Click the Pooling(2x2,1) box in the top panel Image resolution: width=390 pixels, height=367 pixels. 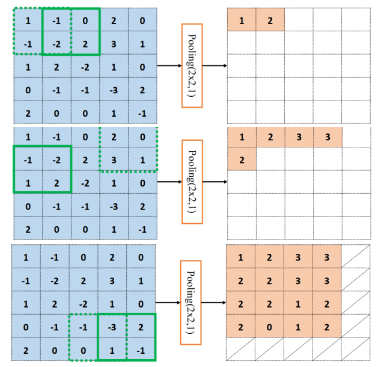tap(192, 66)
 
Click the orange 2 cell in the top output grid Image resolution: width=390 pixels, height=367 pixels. tap(270, 21)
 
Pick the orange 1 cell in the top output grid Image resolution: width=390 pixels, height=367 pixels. tap(242, 21)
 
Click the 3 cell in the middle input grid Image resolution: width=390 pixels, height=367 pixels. tap(113, 160)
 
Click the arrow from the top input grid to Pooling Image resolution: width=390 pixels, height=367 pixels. tap(169, 66)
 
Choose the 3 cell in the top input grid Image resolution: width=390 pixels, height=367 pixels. tap(113, 44)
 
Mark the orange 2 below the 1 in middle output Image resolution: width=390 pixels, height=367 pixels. tap(242, 160)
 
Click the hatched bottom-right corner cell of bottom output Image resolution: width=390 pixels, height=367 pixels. tap(356, 349)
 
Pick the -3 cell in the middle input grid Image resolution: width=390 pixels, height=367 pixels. tap(113, 206)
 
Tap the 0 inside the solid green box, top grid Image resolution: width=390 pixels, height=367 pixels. tap(85, 21)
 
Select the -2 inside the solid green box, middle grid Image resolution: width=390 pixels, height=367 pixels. tap(56, 160)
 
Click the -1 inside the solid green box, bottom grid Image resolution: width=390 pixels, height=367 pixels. tap(141, 349)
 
